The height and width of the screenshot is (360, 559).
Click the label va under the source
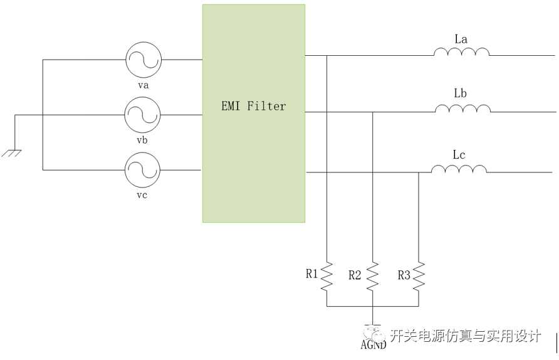coord(144,85)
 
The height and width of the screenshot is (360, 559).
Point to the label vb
coord(142,140)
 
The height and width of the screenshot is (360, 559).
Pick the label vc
coord(142,195)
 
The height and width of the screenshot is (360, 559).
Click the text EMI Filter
coord(253,106)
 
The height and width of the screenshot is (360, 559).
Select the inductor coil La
coord(461,52)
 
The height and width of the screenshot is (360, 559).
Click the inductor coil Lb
coord(462,109)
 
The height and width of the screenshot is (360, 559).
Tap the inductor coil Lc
coord(459,169)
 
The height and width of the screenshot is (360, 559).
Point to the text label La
coord(461,39)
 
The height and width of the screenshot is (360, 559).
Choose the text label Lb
coord(460,93)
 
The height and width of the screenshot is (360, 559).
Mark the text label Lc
coord(459,154)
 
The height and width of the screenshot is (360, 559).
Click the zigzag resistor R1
coord(327,277)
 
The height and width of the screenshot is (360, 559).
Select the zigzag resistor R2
coord(372,277)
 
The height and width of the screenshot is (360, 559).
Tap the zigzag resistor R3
coord(419,277)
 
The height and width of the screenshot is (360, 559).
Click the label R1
coord(311,273)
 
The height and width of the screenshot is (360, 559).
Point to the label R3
coord(404,275)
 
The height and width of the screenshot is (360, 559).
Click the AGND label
coord(374,345)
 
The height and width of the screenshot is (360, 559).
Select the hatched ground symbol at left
coord(11,154)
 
